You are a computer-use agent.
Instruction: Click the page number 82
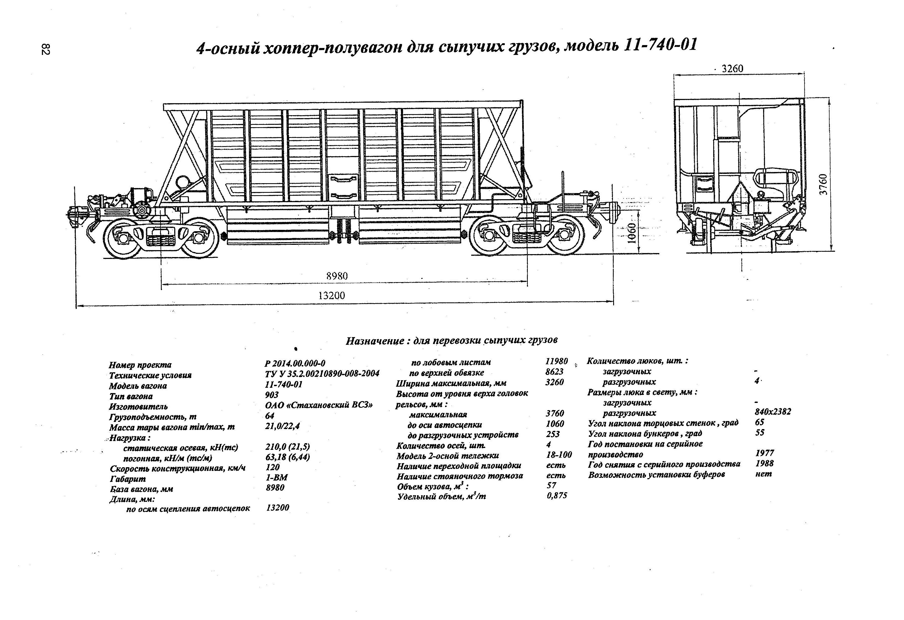coord(45,49)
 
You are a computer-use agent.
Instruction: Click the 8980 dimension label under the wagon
coord(337,276)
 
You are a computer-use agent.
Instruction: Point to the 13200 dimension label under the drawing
coord(332,296)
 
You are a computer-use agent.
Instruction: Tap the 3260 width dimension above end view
coord(732,69)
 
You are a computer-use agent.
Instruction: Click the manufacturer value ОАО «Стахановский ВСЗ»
coord(319,405)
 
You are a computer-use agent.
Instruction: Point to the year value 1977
coord(764,453)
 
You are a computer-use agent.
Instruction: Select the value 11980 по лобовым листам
coord(556,361)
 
